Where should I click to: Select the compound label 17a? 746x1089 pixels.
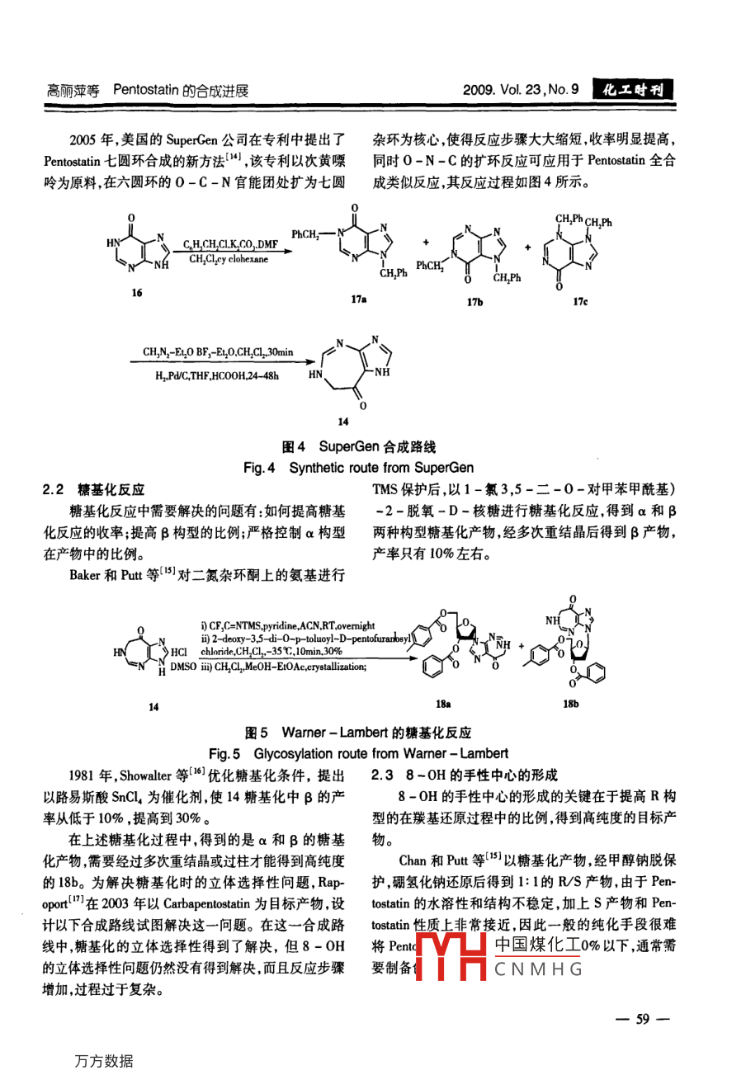(358, 299)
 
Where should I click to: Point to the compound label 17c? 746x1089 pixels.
(580, 302)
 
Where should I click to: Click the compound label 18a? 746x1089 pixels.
(443, 704)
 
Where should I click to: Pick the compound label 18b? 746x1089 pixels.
(570, 704)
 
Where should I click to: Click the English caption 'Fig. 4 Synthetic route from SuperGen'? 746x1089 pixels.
(358, 468)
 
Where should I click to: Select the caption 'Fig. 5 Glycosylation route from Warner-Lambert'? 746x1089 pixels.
(358, 753)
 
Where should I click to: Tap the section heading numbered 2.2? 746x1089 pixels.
(92, 489)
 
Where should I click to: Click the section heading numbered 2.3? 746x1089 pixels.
(464, 775)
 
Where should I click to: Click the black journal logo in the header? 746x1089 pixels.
(633, 90)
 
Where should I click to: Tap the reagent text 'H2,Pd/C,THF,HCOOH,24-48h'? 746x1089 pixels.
(216, 376)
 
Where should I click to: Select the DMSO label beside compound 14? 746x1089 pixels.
(183, 667)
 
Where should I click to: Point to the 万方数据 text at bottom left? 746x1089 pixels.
(103, 1061)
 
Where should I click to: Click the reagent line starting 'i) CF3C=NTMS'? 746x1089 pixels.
(287, 626)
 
